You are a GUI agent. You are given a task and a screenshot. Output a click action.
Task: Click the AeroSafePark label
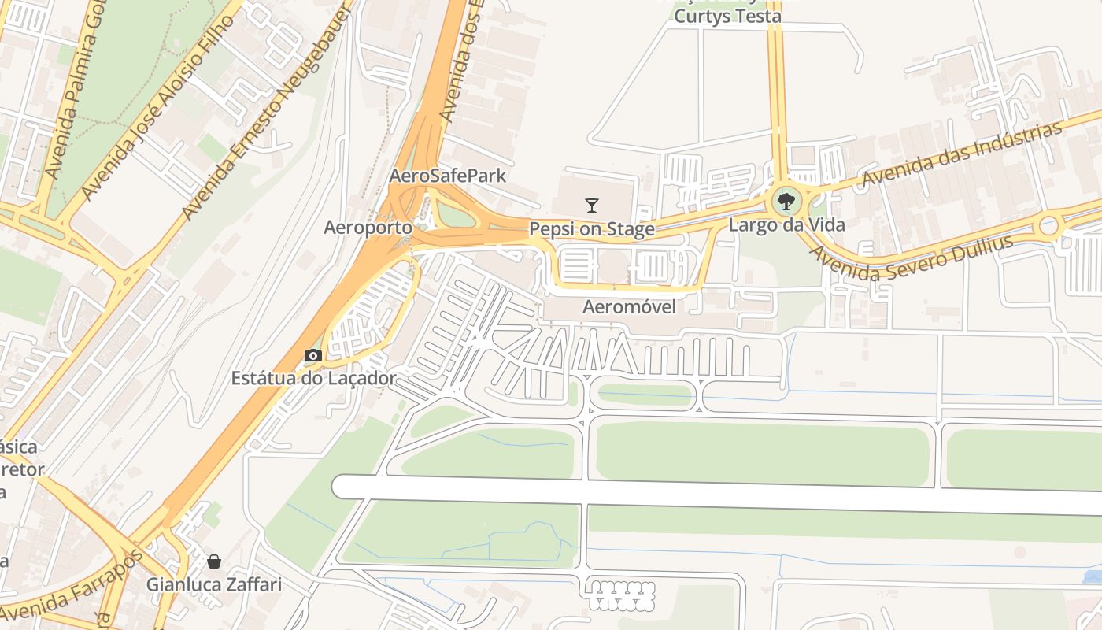(x=448, y=176)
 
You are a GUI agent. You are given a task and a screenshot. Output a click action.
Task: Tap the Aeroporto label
(x=368, y=228)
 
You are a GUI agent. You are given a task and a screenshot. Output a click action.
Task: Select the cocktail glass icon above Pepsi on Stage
(x=592, y=206)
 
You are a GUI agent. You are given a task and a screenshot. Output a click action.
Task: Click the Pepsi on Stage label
(x=592, y=229)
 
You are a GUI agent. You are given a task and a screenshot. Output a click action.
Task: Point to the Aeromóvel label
(x=629, y=307)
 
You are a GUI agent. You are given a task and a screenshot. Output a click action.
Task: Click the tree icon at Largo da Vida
(x=786, y=202)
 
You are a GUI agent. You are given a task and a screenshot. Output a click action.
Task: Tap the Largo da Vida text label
(x=786, y=224)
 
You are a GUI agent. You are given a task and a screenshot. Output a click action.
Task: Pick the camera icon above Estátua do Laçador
(x=313, y=356)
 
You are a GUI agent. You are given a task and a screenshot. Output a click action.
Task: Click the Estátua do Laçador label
(x=313, y=378)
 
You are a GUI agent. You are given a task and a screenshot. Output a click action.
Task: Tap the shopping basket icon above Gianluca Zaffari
(x=213, y=561)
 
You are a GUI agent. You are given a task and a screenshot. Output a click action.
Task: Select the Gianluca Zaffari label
(x=213, y=585)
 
